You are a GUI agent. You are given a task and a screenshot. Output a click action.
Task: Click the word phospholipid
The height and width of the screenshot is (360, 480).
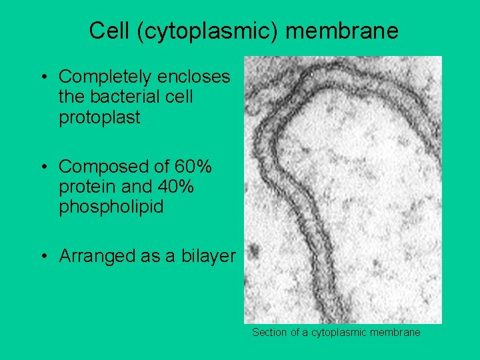coord(111,207)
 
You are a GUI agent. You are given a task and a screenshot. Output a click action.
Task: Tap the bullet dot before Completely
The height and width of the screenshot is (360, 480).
coord(43,77)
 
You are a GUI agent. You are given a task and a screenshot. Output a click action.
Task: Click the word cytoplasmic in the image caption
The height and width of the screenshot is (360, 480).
coord(339,332)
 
